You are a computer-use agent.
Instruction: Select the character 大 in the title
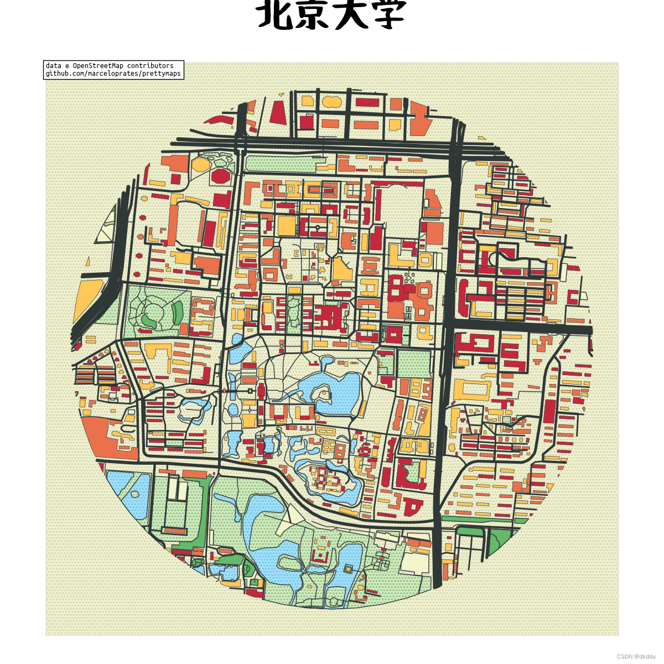(x=351, y=15)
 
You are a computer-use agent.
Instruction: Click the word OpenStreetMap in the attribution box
(x=98, y=66)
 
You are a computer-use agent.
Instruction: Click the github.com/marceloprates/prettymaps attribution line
(x=113, y=74)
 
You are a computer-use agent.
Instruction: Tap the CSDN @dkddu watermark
(x=636, y=656)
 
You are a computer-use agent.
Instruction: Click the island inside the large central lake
(x=321, y=395)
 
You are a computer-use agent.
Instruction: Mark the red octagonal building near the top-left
(x=220, y=177)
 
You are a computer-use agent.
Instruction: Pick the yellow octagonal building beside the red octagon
(x=200, y=164)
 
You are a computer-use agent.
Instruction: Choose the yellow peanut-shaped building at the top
(x=332, y=102)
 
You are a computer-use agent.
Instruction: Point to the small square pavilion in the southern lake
(x=348, y=568)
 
